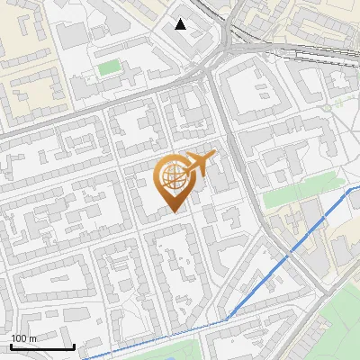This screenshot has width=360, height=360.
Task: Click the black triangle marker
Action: (x=181, y=24)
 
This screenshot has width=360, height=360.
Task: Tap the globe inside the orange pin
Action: (x=175, y=175)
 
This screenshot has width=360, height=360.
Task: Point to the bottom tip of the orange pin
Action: (x=175, y=211)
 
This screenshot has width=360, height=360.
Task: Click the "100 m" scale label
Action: (x=23, y=338)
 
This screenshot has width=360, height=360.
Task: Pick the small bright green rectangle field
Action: (x=109, y=67)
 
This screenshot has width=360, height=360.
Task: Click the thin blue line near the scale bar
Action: (x=135, y=342)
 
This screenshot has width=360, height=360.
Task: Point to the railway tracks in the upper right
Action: (x=297, y=45)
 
